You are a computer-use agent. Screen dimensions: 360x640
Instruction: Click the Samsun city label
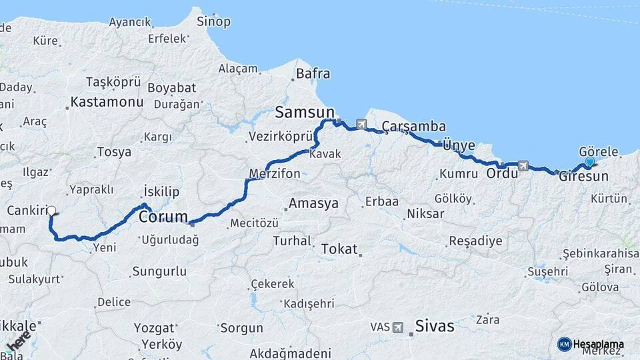304,111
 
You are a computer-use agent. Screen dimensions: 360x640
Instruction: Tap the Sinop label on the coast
213,22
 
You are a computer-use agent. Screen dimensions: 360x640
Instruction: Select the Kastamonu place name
107,103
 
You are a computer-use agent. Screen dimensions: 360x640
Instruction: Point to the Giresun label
584,177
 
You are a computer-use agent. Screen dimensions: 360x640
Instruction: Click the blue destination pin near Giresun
589,161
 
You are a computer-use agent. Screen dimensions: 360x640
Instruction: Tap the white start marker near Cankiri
51,211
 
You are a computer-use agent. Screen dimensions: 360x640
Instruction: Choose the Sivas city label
434,326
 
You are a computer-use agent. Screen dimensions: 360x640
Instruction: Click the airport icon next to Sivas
398,327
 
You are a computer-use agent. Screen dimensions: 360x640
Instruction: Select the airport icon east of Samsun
361,124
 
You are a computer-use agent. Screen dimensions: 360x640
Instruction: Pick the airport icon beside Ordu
523,165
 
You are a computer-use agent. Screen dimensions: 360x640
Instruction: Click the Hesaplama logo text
598,344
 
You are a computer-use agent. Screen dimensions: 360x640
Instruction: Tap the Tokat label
339,249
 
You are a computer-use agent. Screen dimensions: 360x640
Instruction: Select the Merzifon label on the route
274,174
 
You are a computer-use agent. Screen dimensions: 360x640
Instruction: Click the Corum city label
161,217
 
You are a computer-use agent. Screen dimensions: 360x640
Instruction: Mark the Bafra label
313,73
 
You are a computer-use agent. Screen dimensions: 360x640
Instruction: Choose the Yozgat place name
154,328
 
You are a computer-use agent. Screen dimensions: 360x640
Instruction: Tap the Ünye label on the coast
458,146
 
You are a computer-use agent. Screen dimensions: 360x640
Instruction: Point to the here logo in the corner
18,340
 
